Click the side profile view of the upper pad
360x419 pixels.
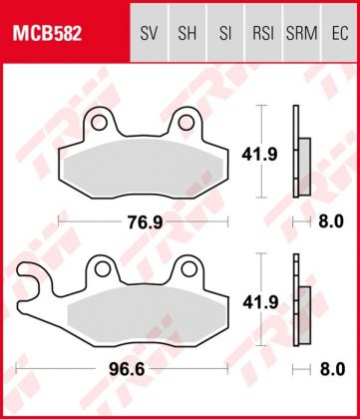pos(300,155)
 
